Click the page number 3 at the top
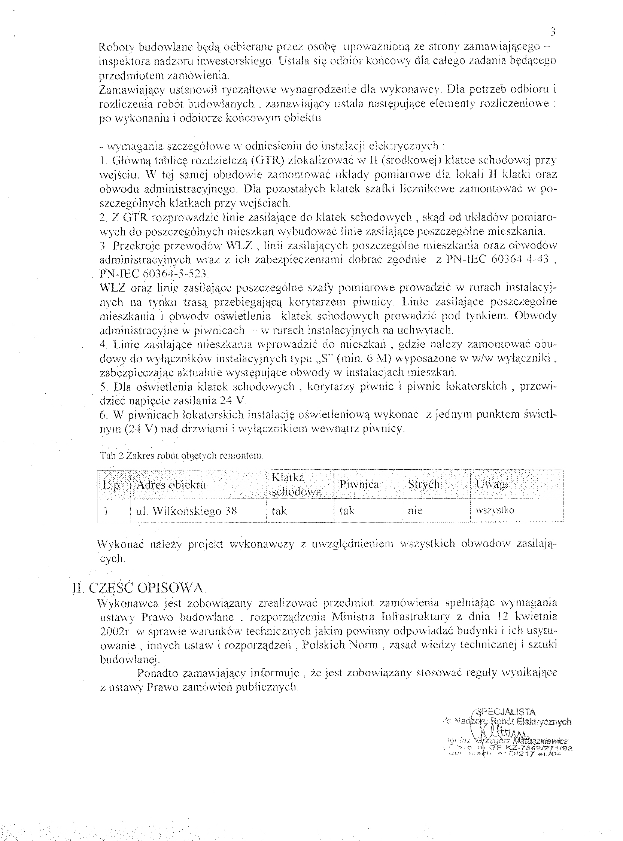pyautogui.click(x=553, y=32)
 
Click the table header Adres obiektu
pyautogui.click(x=171, y=484)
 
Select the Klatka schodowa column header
pyautogui.click(x=297, y=484)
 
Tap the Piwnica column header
pyautogui.click(x=359, y=484)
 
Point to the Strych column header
pyautogui.click(x=424, y=484)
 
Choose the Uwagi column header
pyautogui.click(x=492, y=484)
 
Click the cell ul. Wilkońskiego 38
pyautogui.click(x=186, y=511)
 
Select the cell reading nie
pyautogui.click(x=415, y=511)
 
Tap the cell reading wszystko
pyautogui.click(x=495, y=511)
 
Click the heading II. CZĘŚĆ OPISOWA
pyautogui.click(x=140, y=588)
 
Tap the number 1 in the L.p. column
pyautogui.click(x=107, y=511)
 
